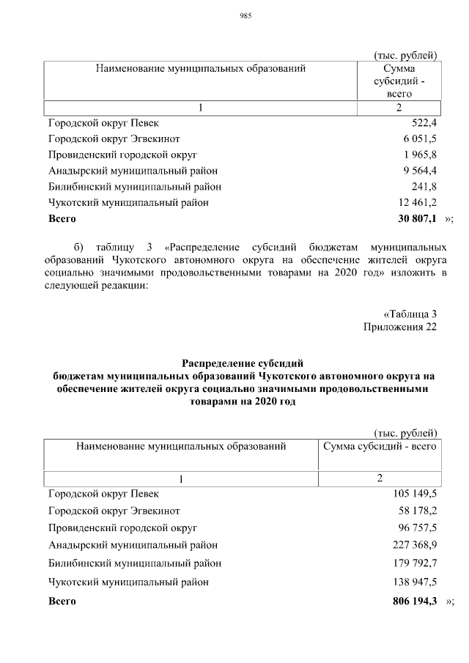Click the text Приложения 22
pyautogui.click(x=400, y=327)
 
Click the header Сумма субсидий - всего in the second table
pyautogui.click(x=380, y=445)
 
